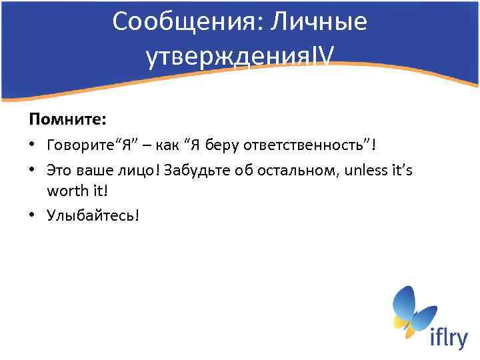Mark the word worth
(65, 191)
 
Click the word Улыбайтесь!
(93, 216)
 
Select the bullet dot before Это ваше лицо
(32, 171)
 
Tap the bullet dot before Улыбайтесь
(32, 217)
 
